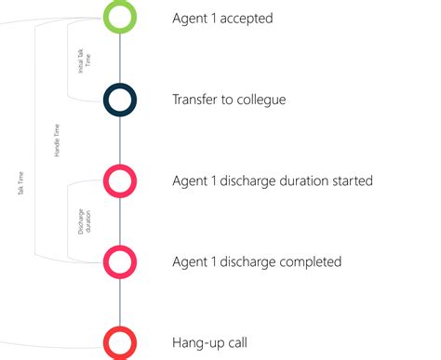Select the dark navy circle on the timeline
[121, 99]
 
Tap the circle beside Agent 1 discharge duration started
[121, 180]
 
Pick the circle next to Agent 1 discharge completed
[121, 261]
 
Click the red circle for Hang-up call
[121, 342]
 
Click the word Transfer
[196, 99]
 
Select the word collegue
[258, 99]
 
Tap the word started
[350, 180]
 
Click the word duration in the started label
[297, 180]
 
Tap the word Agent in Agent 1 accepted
[192, 18]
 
